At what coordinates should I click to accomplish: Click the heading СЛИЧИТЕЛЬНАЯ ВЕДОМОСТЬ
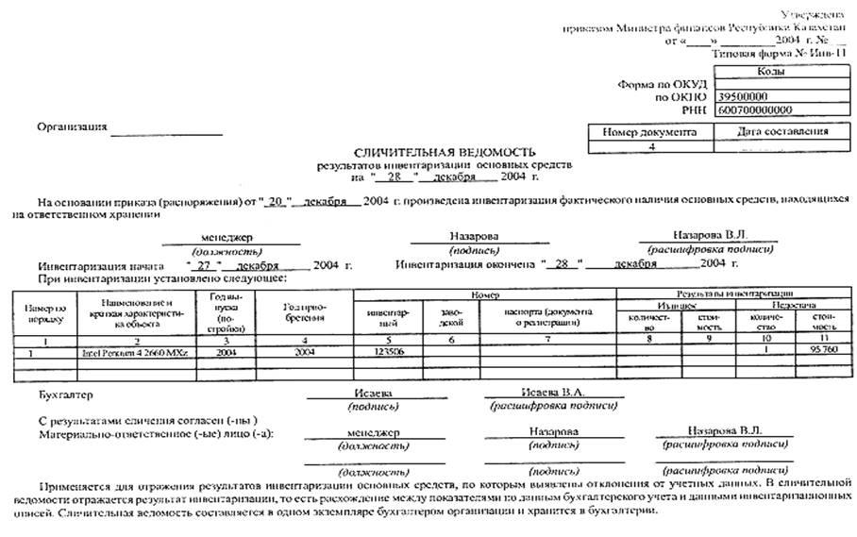[x=444, y=151]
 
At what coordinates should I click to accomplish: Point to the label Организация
[x=72, y=126]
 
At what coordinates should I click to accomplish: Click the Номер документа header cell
[x=649, y=133]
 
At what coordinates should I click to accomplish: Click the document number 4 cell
[x=650, y=146]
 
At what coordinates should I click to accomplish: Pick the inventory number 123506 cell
[x=387, y=351]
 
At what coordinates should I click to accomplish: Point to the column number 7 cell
[x=547, y=338]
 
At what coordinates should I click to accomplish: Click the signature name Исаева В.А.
[x=552, y=391]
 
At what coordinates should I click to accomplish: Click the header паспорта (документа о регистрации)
[x=547, y=316]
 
